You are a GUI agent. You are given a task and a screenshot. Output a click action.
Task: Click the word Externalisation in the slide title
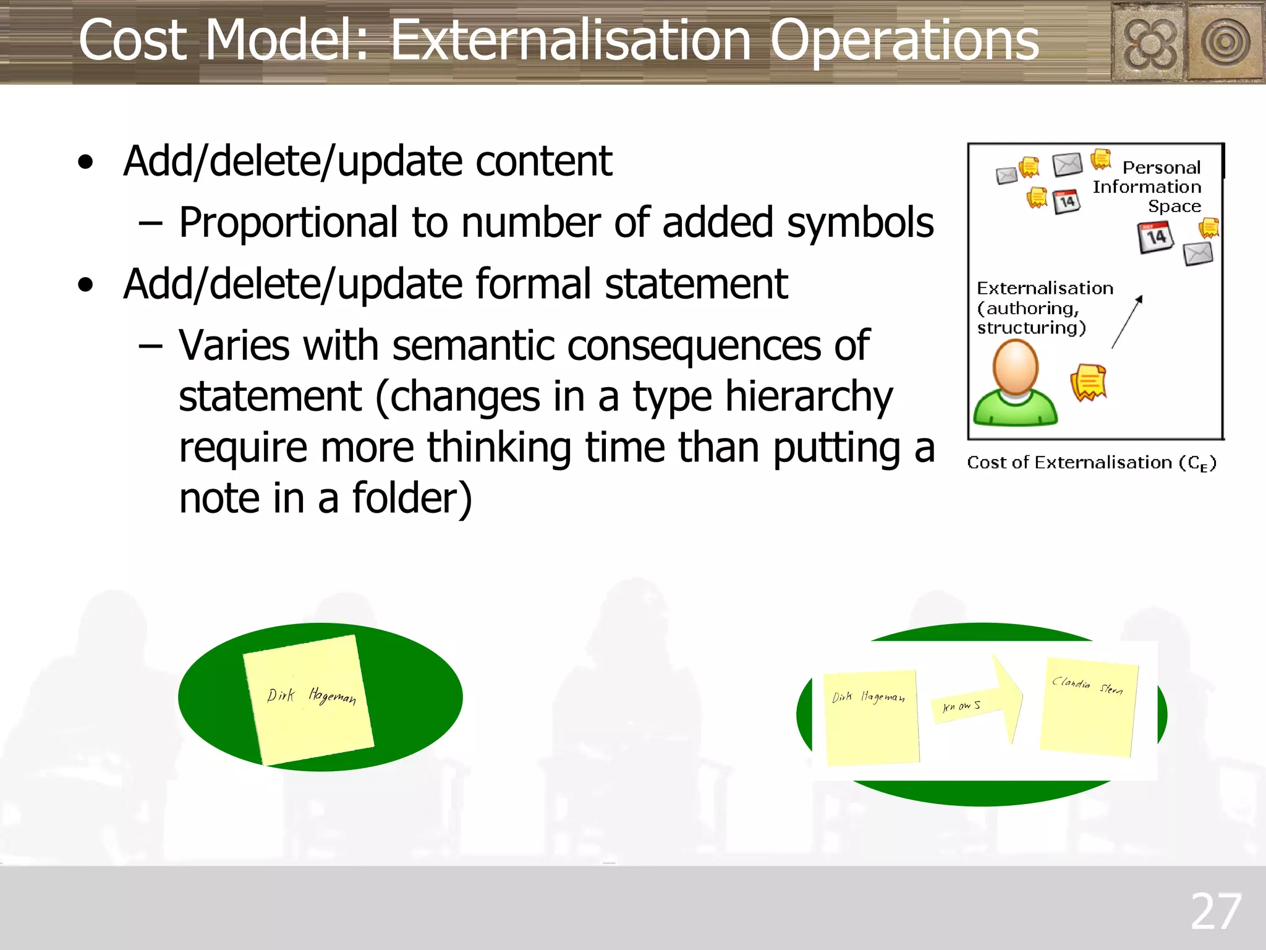point(571,41)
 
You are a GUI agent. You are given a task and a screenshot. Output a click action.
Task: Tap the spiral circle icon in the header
point(1225,43)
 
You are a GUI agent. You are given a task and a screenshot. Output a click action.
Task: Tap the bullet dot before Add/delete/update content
point(86,163)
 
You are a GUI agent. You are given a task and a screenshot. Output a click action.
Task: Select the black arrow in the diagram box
point(1127,322)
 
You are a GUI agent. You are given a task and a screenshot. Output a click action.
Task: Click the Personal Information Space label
point(1147,187)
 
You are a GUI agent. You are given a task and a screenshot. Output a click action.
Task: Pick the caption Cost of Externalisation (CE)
point(1092,463)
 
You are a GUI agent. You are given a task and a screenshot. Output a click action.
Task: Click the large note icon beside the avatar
point(1088,382)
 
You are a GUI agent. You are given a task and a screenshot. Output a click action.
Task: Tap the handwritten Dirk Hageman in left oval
point(311,696)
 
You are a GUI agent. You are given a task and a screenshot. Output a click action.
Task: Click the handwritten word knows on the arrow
point(961,706)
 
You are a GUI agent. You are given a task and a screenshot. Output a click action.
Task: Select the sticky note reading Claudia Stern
point(1089,707)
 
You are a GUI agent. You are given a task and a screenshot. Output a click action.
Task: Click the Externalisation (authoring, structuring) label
point(1043,308)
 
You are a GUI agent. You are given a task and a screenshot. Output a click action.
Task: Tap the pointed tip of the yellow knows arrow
point(1021,696)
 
